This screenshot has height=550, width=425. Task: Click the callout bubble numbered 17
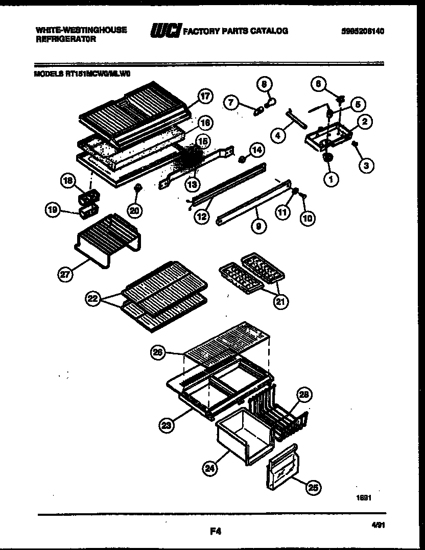pos(205,96)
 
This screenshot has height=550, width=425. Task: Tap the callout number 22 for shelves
pos(92,299)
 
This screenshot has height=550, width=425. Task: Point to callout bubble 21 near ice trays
pos(280,301)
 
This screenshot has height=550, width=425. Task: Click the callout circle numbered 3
pos(366,165)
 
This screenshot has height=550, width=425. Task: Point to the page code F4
pos(215,531)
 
